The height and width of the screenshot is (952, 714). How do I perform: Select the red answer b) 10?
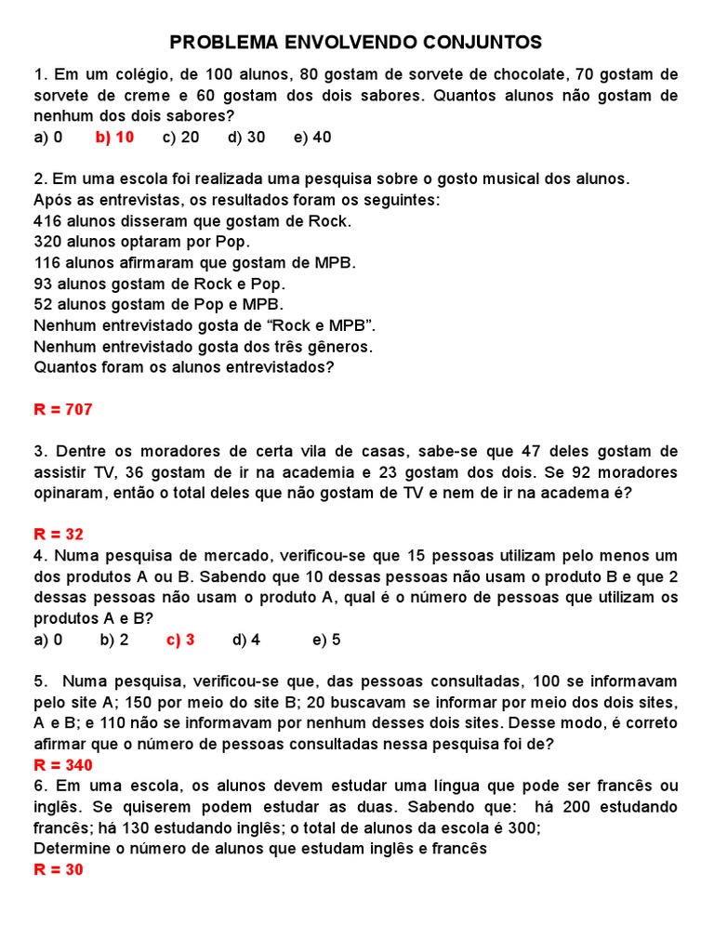tap(114, 137)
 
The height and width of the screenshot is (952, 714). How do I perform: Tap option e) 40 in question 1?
tap(311, 137)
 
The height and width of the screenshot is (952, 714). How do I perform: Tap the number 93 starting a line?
tap(43, 284)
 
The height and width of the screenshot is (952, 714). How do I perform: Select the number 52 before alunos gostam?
tap(43, 304)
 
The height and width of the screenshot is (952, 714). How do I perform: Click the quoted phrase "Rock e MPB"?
tap(317, 325)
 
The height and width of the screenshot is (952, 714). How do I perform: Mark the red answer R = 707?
tap(63, 409)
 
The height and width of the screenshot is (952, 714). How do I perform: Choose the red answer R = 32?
tap(59, 535)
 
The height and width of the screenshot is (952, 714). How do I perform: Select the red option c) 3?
tap(180, 640)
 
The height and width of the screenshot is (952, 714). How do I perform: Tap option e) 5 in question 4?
tap(326, 640)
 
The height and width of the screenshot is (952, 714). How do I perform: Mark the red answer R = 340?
tap(63, 765)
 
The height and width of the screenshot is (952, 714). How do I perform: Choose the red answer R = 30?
tap(59, 870)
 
